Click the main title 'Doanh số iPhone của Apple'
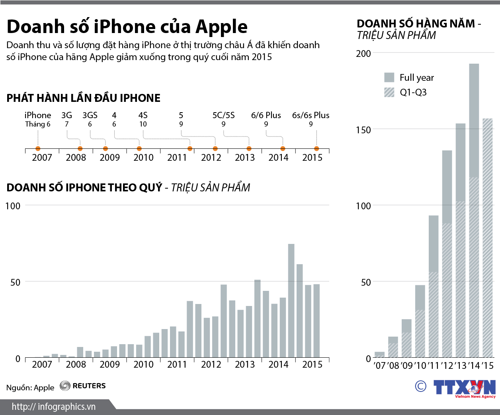127,27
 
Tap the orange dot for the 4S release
190,149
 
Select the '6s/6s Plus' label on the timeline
311,115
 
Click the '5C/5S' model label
223,115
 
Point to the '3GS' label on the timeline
90,115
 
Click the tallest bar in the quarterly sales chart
291,300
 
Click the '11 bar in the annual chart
434,286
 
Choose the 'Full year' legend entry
409,78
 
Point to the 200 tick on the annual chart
363,54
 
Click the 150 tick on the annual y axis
363,130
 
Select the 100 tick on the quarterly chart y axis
13,206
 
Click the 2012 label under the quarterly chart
211,364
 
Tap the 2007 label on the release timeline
42,158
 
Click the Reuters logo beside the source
83,386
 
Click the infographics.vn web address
53,407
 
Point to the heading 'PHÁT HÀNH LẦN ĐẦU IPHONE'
83,98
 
